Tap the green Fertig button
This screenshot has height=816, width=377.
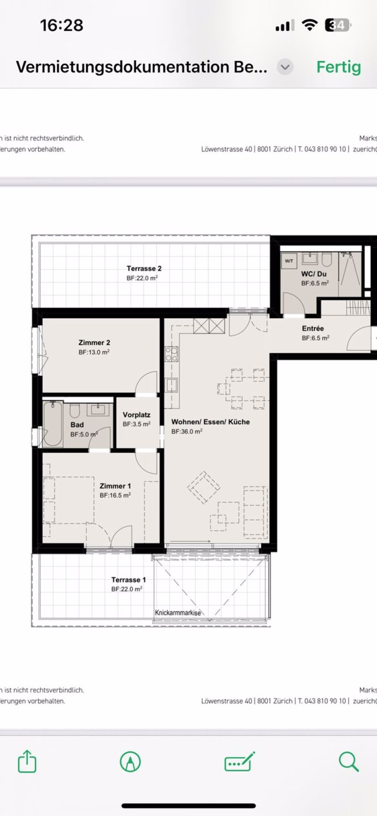coord(338,67)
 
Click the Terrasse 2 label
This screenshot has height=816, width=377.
coord(144,268)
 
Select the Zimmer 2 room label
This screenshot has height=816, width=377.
coord(94,343)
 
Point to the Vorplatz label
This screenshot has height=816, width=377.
coord(136,415)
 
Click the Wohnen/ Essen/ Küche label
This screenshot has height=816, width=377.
coord(210,422)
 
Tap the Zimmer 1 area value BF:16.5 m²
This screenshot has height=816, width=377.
coord(115,495)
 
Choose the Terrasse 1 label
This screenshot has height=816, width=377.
coord(129,579)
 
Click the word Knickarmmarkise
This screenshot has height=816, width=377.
coord(178,613)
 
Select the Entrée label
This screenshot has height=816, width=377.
coord(313,328)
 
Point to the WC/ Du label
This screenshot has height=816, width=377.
coord(314,274)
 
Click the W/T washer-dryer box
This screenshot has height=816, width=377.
coord(289,261)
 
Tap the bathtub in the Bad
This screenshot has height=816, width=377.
coord(53,424)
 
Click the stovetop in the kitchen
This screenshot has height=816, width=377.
coord(171,353)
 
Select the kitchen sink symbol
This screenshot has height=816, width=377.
coord(171,385)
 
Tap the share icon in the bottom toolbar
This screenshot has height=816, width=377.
coord(27,761)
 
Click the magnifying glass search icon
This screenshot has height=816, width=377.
coord(349,761)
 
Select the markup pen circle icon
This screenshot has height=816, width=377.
coord(130,761)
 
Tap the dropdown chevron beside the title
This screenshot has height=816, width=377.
coord(285,67)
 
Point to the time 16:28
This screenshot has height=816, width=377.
coord(61,25)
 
